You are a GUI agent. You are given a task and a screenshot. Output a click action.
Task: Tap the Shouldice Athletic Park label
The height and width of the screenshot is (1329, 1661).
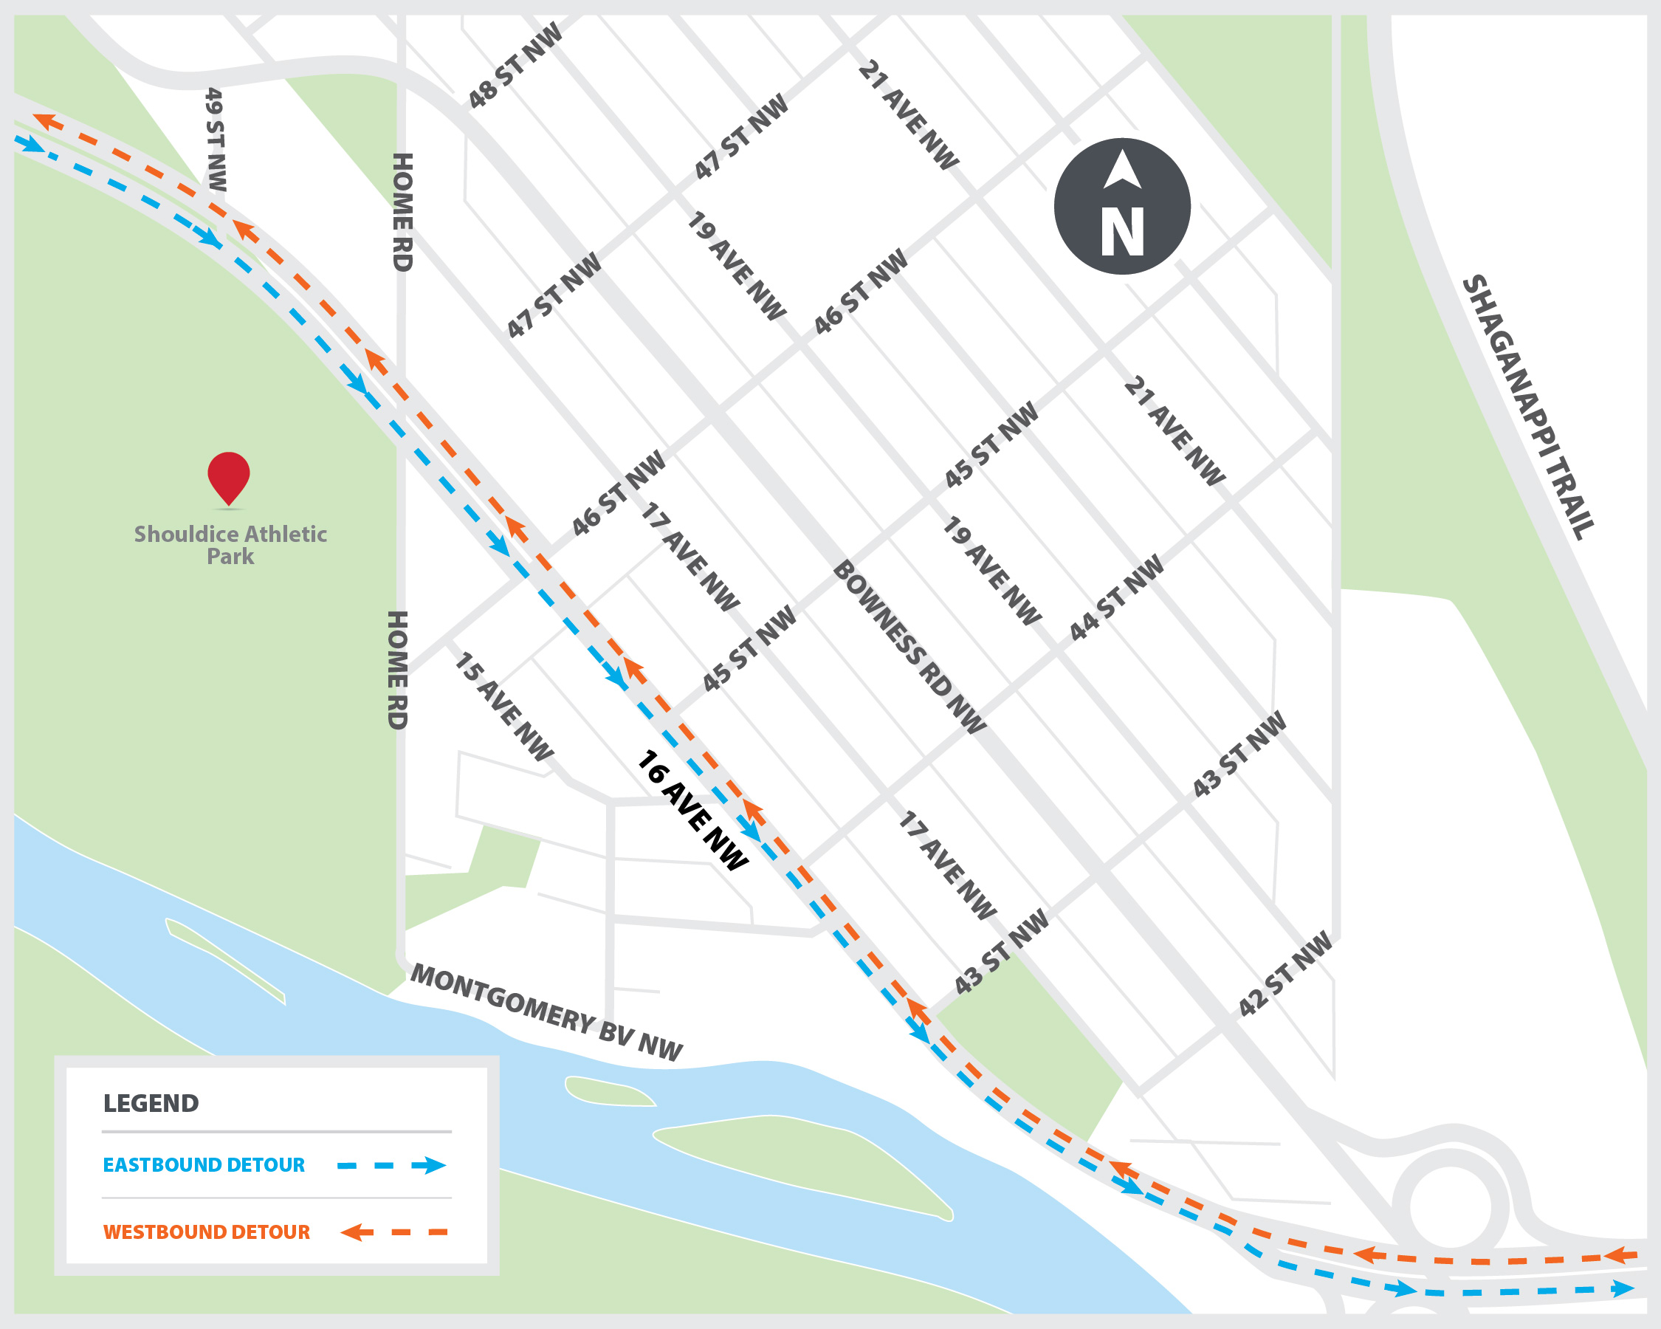[x=230, y=545]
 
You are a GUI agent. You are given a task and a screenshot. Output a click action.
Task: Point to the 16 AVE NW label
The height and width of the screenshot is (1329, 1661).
[x=691, y=810]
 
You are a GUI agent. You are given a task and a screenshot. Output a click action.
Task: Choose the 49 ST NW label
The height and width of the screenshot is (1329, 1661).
[x=216, y=140]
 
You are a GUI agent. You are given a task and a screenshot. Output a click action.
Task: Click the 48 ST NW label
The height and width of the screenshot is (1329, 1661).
[x=515, y=66]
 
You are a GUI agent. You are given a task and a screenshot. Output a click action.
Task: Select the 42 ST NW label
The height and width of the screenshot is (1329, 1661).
[x=1285, y=974]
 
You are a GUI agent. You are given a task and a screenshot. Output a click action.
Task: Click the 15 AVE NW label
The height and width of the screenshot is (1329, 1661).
[x=502, y=707]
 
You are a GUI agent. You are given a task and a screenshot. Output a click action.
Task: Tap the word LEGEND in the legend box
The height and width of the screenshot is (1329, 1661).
[x=151, y=1103]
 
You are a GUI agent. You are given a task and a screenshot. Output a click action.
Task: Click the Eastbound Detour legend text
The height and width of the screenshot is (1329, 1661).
[x=204, y=1165]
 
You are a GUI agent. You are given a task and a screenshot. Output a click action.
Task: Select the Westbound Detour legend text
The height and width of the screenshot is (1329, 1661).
[x=207, y=1232]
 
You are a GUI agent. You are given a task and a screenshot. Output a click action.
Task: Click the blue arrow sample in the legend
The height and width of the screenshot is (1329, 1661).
[x=392, y=1165]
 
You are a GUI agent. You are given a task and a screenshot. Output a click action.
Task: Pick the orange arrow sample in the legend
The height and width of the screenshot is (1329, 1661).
[x=393, y=1232]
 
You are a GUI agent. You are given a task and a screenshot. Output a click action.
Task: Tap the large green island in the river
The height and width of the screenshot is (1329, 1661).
[x=801, y=1164]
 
